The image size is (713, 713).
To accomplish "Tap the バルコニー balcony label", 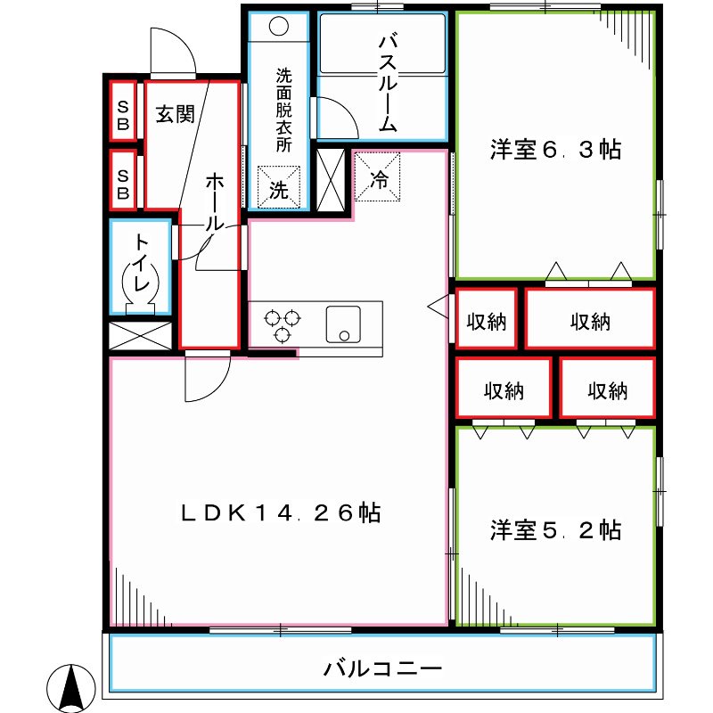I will click(x=382, y=667).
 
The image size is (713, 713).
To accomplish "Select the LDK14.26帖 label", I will click(x=281, y=512).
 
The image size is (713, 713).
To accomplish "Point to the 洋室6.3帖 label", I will click(x=554, y=150).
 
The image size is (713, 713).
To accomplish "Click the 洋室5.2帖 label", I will click(x=554, y=530).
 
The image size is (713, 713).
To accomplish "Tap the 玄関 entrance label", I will click(x=175, y=115).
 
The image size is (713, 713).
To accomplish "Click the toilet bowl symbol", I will click(x=143, y=285).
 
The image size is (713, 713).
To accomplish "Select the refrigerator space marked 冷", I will click(x=379, y=179).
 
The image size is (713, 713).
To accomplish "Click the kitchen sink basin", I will click(x=342, y=323).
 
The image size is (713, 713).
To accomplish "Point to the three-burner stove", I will click(x=283, y=324).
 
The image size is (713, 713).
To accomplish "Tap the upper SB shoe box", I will click(x=123, y=111).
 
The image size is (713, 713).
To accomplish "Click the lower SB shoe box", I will click(x=123, y=177).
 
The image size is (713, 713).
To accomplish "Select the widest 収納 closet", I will click(x=590, y=318).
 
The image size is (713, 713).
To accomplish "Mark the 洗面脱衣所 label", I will click(x=283, y=111).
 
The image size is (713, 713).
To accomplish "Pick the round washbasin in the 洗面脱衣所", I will click(x=278, y=26).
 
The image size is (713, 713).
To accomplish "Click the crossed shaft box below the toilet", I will click(x=139, y=336).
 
